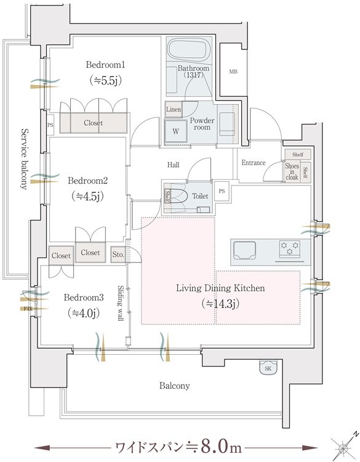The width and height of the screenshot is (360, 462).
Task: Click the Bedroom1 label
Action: (x=105, y=65)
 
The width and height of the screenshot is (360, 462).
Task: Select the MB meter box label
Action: (x=233, y=71)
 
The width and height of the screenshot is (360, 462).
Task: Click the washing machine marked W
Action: (x=176, y=131)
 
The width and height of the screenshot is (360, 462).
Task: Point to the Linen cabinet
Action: (x=174, y=110)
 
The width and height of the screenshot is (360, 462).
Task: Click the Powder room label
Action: (x=202, y=124)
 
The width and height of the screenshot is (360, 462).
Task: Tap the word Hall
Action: (x=173, y=164)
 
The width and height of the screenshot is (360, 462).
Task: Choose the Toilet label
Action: (x=200, y=196)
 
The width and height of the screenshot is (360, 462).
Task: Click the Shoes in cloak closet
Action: (x=292, y=171)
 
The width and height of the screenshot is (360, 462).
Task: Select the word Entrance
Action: (x=253, y=163)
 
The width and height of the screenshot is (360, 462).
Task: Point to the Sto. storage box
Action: (x=118, y=254)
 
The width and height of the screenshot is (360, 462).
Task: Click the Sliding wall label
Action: (x=121, y=303)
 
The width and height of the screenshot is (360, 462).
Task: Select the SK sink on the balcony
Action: (x=268, y=368)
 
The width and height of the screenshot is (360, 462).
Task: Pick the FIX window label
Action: (x=28, y=309)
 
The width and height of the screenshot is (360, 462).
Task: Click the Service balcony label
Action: (x=24, y=159)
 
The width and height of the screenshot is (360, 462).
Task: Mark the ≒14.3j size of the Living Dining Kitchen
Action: (x=220, y=303)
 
